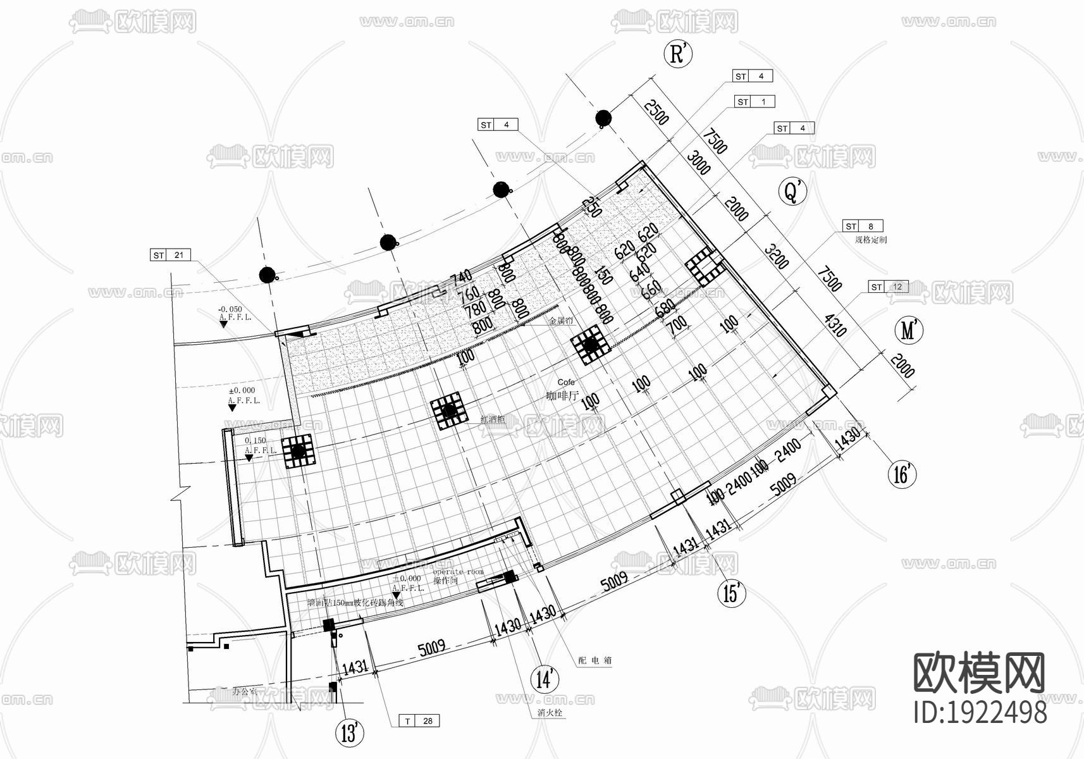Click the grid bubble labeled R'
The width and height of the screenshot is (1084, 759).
tap(677, 54)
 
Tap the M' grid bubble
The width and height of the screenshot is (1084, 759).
tap(909, 330)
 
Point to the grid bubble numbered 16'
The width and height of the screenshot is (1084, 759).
tap(902, 474)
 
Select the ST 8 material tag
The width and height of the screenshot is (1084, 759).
tap(863, 226)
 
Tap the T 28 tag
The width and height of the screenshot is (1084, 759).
tap(419, 720)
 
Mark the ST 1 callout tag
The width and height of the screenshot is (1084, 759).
tap(754, 101)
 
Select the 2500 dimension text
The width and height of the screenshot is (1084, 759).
tap(656, 110)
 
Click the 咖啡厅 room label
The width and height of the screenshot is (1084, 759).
tap(562, 396)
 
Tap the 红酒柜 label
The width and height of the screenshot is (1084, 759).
tap(491, 419)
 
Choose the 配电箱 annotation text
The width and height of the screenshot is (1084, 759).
tap(595, 660)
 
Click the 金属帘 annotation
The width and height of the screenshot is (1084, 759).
tap(560, 321)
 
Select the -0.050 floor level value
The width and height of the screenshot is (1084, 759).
tap(230, 309)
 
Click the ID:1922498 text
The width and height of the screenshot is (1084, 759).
tap(980, 712)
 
